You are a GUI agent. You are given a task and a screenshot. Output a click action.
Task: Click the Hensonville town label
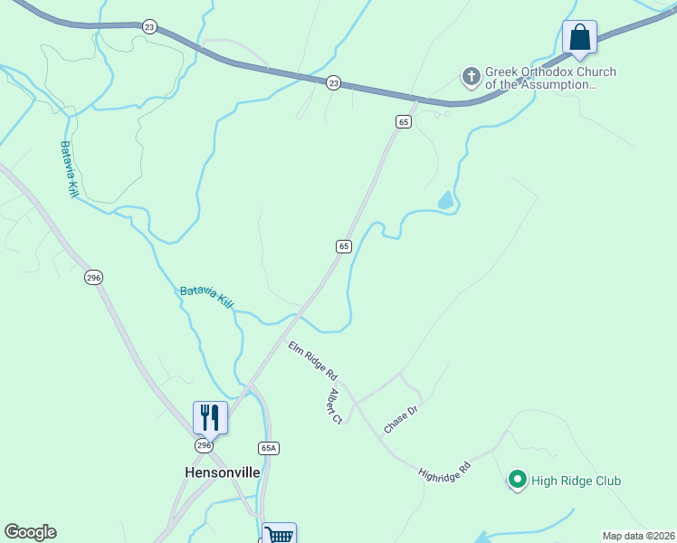pos(222,472)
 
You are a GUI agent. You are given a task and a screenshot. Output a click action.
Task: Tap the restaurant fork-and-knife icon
pos(210,417)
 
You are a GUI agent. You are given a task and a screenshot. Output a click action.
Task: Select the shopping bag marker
pos(579,38)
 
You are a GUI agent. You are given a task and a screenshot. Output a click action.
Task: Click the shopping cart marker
pos(279,535)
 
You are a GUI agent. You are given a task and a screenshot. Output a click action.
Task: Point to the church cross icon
pos(471,78)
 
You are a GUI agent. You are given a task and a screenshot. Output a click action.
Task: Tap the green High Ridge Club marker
pos(518,481)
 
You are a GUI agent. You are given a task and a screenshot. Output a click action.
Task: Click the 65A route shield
pos(268,447)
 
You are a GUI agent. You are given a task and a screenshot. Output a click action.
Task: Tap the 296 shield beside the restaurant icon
pos(205,446)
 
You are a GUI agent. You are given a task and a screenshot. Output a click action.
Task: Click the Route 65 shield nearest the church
pos(404,121)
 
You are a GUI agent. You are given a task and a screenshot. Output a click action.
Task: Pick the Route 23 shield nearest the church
pos(334,82)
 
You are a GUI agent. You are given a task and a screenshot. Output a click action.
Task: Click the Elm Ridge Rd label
pos(313,360)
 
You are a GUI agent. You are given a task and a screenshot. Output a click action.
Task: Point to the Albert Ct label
pos(335,406)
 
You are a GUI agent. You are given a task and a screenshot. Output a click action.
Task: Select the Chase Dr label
pos(400,419)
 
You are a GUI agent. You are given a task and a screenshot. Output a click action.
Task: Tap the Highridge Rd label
pos(445,472)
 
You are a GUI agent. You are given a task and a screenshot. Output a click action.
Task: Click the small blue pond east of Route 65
pos(445,201)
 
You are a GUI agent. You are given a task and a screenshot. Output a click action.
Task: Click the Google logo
pos(30,532)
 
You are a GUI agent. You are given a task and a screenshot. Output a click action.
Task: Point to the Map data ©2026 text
pos(637,536)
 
